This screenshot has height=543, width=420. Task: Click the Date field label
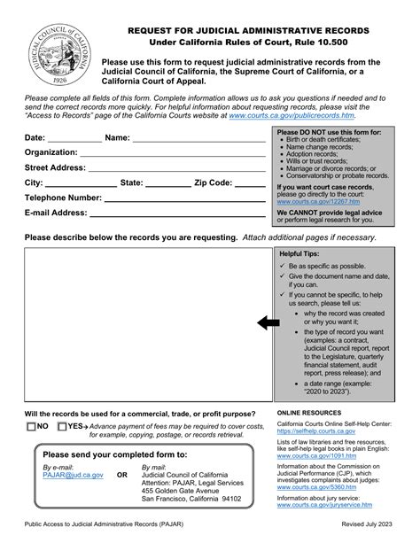pos(35,137)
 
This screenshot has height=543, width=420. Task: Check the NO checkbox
pos(31,427)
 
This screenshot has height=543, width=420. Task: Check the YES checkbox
pos(62,427)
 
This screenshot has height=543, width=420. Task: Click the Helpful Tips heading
pos(302,253)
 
